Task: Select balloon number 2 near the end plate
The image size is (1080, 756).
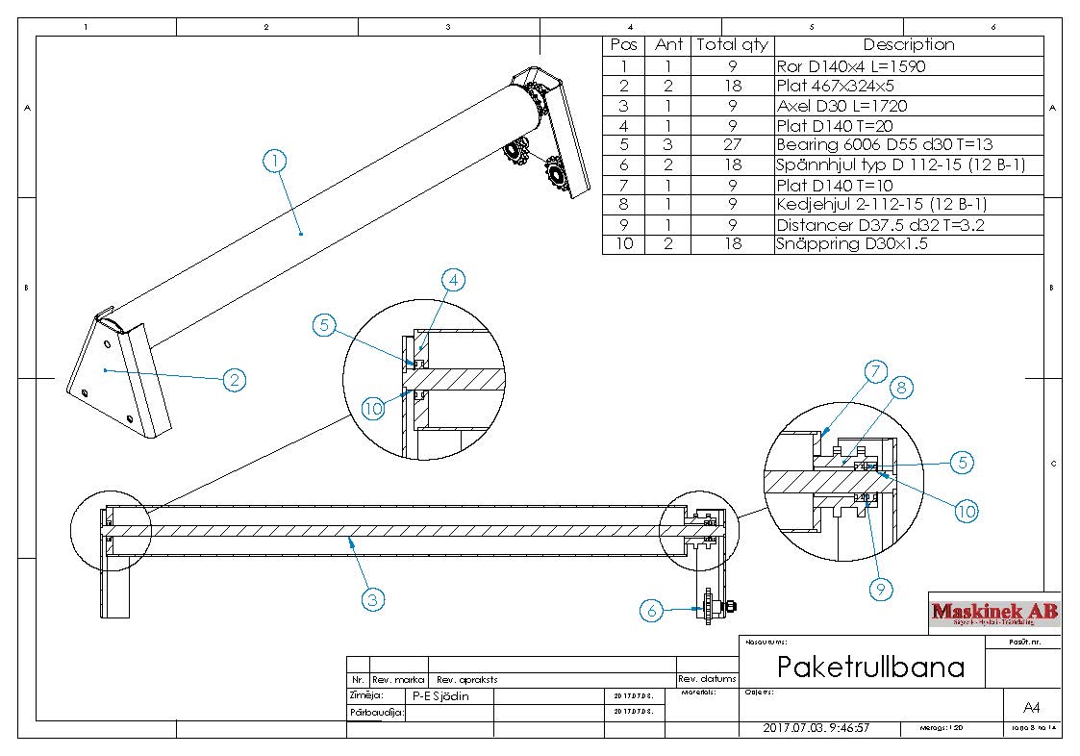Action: click(x=234, y=380)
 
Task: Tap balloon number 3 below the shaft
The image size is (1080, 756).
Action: click(x=373, y=599)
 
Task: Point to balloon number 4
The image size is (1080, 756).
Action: click(x=454, y=280)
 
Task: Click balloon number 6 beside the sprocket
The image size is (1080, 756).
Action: click(x=653, y=609)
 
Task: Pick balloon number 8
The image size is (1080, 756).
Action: click(x=903, y=389)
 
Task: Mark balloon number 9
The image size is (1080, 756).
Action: click(x=882, y=589)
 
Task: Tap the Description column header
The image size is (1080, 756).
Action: click(x=908, y=45)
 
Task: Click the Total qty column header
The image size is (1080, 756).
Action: click(x=732, y=45)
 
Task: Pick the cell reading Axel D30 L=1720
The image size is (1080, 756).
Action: click(x=841, y=106)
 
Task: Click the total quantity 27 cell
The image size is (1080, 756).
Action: click(x=732, y=145)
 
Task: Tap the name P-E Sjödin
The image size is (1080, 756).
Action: click(x=440, y=696)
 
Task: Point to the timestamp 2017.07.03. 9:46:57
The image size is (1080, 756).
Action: click(x=816, y=728)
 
